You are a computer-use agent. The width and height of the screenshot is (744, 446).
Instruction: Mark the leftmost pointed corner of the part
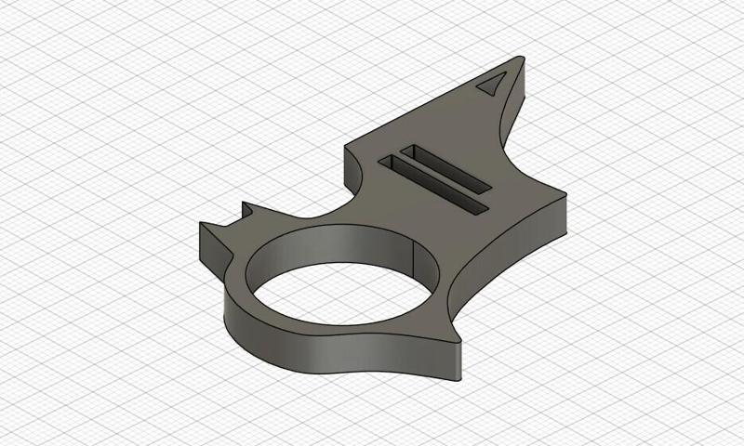point(202,225)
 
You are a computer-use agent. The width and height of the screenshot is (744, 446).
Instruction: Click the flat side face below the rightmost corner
point(558,218)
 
